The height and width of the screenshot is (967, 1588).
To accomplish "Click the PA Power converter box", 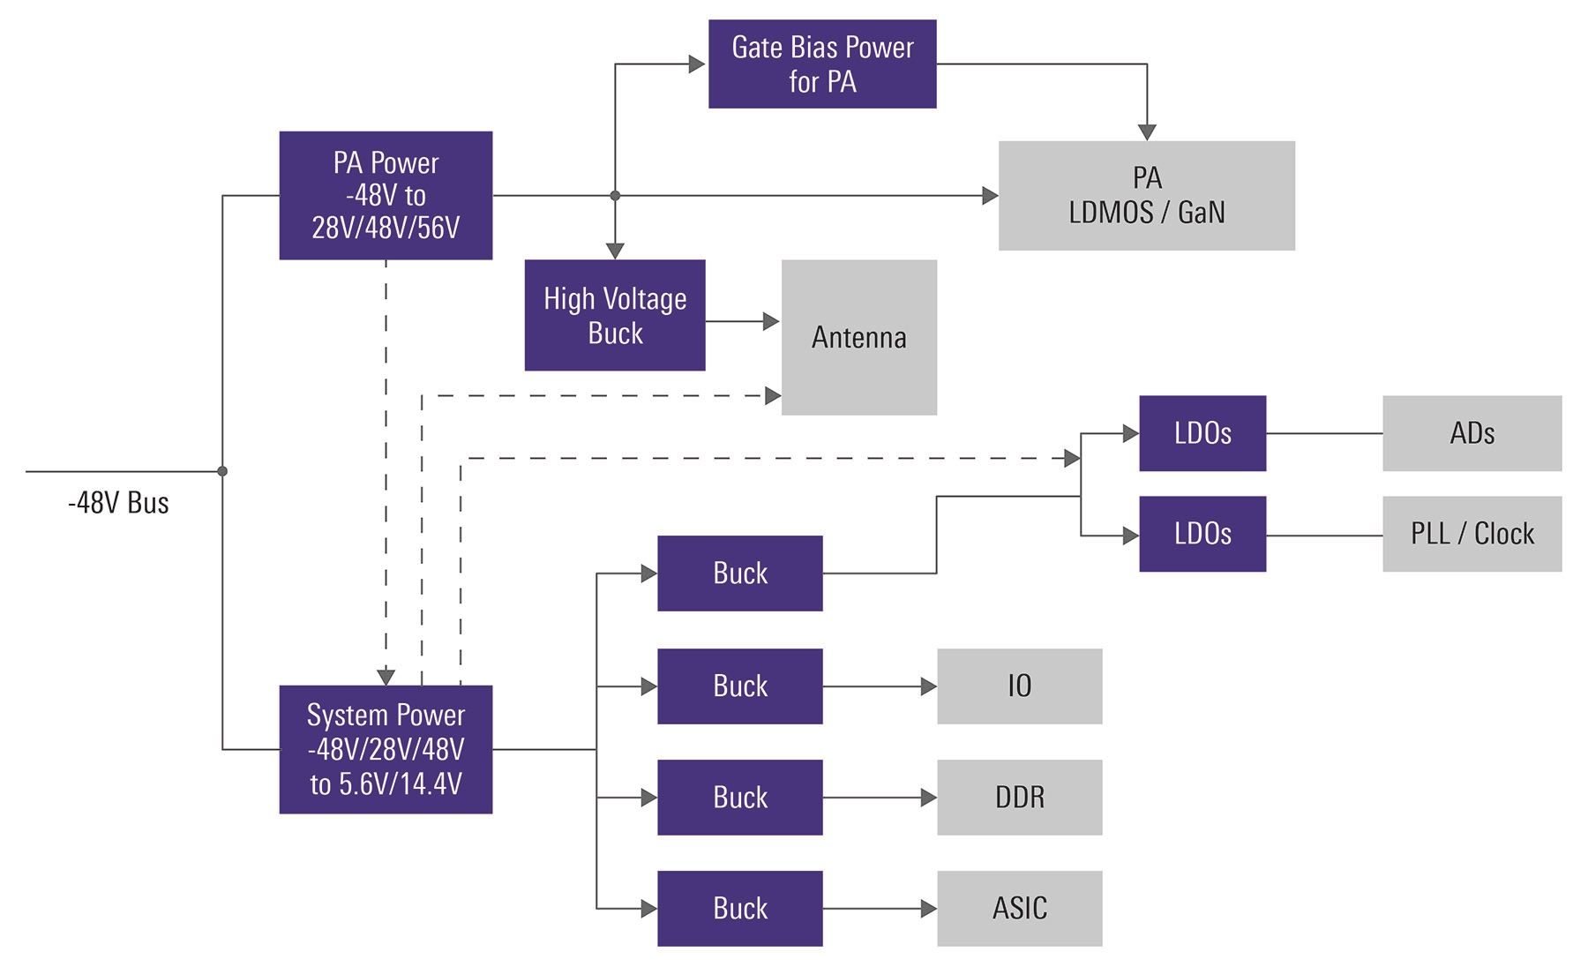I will pos(386,195).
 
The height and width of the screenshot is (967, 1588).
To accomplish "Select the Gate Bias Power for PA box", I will pos(822,64).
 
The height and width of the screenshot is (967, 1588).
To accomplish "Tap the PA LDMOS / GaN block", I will pos(1146,195).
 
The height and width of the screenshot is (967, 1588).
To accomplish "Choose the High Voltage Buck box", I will pos(615,315).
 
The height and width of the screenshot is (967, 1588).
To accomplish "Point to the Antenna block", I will pos(858,337).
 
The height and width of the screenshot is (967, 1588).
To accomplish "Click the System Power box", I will pos(386,749).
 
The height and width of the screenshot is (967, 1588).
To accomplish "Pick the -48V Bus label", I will pos(118,503).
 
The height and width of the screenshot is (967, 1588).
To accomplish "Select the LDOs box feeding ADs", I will pos(1202,433).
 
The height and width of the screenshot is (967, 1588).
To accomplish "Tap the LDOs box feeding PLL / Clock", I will pos(1202,534).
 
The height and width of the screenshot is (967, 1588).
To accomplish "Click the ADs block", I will pos(1472,433).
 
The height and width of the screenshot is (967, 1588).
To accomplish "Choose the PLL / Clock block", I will pos(1472,534).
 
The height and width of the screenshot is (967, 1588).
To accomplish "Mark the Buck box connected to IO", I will pos(739,686).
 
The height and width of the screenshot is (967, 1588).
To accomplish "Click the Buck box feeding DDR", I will pos(739,798).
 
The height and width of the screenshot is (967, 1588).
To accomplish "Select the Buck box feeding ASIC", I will pos(739,909).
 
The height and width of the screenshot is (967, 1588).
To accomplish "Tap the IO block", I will pos(1019,686).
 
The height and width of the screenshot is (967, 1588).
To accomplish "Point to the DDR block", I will pos(1019,798).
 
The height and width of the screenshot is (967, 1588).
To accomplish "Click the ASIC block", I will pos(1019,909).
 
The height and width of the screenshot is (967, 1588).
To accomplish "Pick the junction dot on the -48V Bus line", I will pos(222,471).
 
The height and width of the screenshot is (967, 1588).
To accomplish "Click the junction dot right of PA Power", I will pos(615,196).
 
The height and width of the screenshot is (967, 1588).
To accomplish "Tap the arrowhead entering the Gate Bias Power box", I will pos(697,64).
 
